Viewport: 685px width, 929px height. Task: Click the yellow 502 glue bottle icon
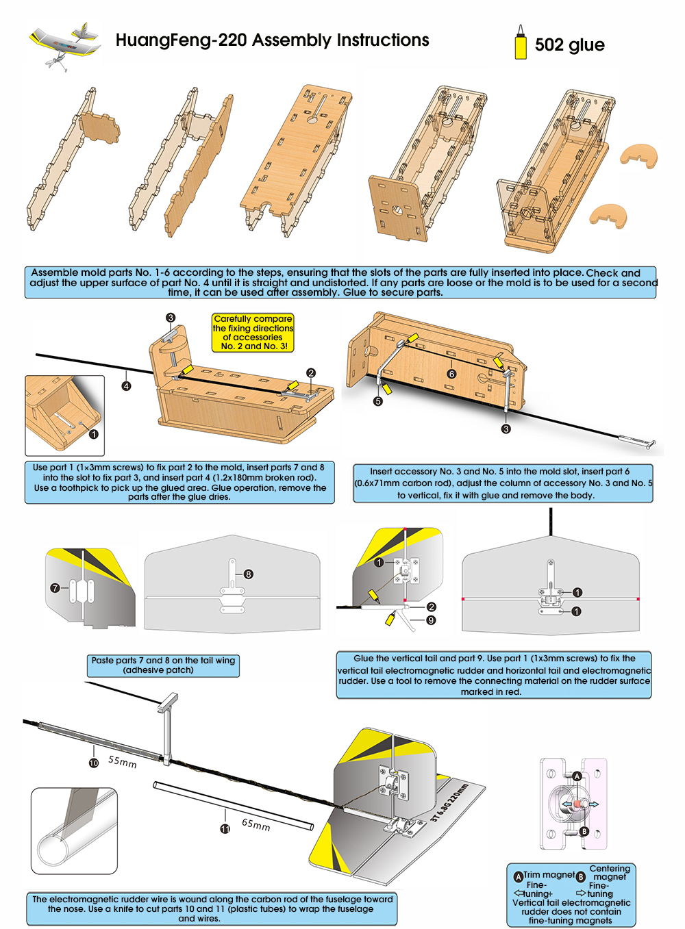point(521,43)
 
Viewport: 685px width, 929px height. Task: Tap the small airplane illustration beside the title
point(64,42)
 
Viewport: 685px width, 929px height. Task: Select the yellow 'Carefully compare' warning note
point(253,333)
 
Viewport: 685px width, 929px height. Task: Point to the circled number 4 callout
point(126,386)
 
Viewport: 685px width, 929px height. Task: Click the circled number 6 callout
point(451,374)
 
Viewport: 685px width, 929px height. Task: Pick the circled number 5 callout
point(377,401)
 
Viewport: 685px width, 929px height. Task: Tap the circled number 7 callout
point(55,587)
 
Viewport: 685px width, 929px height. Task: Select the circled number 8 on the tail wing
point(248,574)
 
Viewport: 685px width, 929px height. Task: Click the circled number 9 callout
point(431,620)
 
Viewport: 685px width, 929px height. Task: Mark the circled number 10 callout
point(94,763)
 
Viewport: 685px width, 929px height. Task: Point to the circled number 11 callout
point(225,828)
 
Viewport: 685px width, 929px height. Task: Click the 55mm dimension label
point(123,761)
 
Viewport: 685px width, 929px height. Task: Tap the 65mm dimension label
point(256,824)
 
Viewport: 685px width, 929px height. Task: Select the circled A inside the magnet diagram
point(577,776)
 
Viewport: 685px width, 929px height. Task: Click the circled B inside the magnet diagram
point(584,831)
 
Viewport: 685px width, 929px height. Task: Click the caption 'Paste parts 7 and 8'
point(163,665)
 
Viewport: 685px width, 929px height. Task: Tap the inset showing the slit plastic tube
point(74,830)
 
